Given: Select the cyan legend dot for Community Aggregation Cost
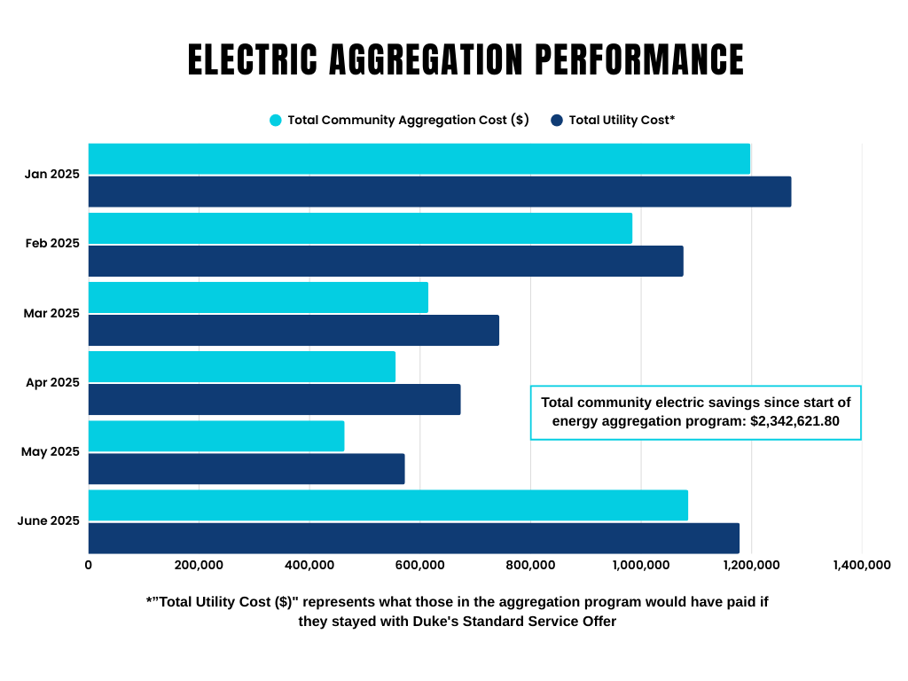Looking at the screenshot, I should coord(276,121).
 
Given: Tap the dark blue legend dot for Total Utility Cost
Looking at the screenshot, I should coord(557,121).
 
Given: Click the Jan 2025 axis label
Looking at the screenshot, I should coord(52,174).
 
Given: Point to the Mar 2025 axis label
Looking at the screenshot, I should coord(52,313).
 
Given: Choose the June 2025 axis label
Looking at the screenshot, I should coord(49,521).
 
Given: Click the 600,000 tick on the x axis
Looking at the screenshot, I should coord(419,565).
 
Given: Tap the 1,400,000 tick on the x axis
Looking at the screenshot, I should coord(861,565).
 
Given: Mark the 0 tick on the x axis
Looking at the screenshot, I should coord(89,565).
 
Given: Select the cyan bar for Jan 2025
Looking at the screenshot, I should coord(419,159).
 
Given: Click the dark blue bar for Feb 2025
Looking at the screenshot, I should coord(386,261).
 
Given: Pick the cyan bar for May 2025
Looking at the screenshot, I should coord(216,435).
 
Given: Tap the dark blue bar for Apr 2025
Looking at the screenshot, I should coord(274,399).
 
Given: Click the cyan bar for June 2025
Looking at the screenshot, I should coord(387,505).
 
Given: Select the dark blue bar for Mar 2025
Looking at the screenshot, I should coord(294,330).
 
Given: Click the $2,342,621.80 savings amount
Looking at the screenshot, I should coord(794,420).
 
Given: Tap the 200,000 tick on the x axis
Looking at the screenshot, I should coord(199,565).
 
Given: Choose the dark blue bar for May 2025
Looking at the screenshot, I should coord(247,468).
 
